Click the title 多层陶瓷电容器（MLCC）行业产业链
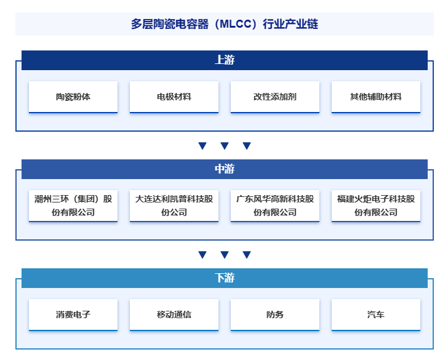(224, 25)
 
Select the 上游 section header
(224, 60)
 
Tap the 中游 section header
(224, 169)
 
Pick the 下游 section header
(224, 278)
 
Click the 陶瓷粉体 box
(73, 97)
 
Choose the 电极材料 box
(174, 97)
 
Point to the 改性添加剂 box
(275, 97)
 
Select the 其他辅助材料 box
(376, 97)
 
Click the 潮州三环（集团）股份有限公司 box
(73, 206)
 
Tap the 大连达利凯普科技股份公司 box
(174, 206)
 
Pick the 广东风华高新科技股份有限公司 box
(275, 206)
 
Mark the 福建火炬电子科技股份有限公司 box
(376, 206)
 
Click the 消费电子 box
(73, 314)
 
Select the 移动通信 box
(174, 314)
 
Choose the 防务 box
(275, 314)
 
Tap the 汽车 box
(376, 314)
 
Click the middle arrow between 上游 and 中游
(225, 146)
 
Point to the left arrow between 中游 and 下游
(202, 255)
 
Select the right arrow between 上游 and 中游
(247, 146)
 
